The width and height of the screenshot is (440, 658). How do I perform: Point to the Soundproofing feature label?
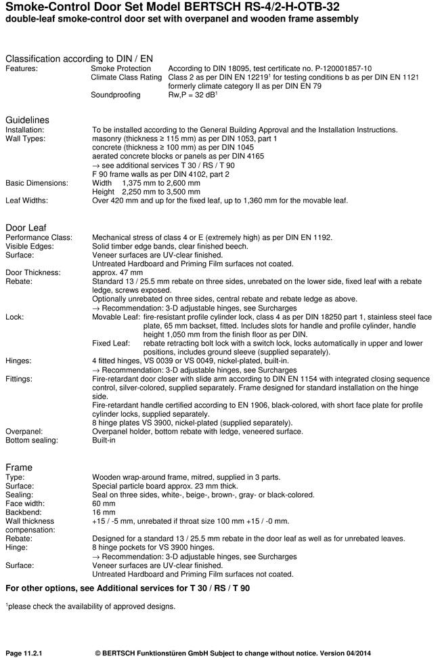[116, 96]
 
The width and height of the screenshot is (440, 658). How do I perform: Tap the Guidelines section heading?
[27, 120]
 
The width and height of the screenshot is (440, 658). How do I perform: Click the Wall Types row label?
[26, 138]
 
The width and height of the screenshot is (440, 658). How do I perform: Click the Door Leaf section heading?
[26, 227]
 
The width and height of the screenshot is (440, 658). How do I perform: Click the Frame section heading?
[19, 468]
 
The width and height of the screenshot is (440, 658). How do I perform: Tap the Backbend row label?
[24, 512]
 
